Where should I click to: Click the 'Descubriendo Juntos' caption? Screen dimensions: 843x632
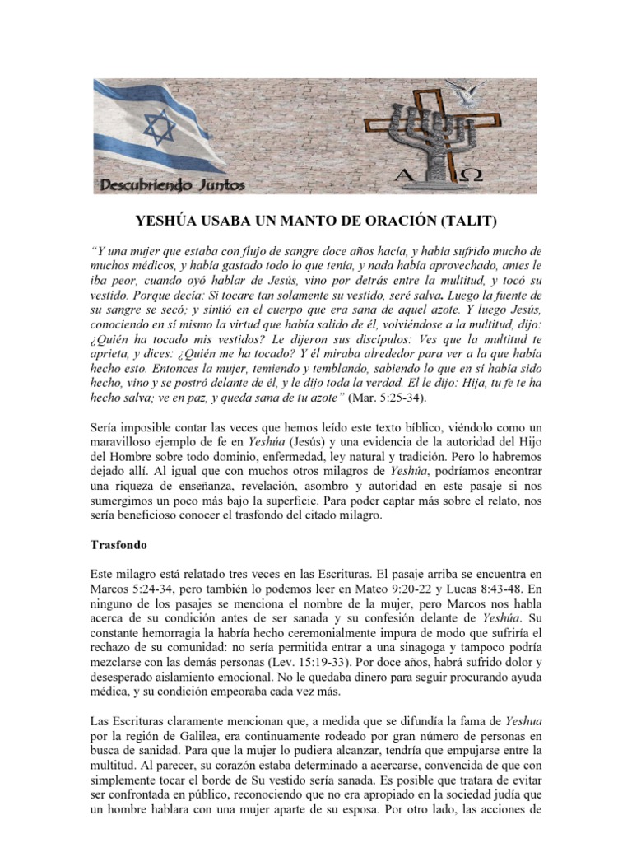[172, 185]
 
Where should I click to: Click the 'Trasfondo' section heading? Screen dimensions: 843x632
[116, 544]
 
